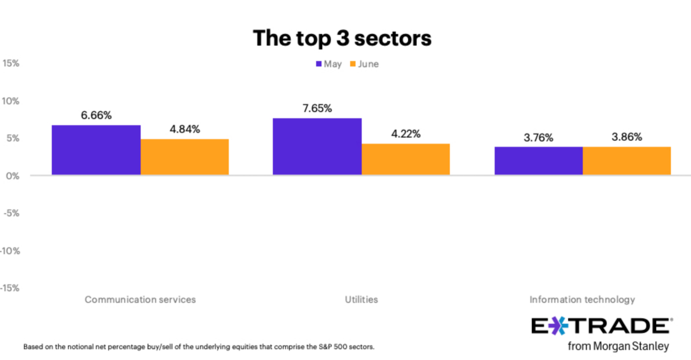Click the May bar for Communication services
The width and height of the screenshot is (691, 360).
(96, 150)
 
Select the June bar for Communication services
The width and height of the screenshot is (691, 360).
(184, 157)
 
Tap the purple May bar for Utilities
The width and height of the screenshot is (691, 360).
(317, 146)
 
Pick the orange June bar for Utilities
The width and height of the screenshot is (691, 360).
(406, 159)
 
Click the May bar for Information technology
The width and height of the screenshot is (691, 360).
(538, 161)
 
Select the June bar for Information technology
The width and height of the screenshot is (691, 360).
(627, 161)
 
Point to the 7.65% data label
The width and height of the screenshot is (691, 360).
(317, 108)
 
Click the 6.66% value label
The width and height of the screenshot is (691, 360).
(96, 116)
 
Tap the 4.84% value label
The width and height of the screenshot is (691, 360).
(185, 130)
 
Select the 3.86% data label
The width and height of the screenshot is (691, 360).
(627, 137)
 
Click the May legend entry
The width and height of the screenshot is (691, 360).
(329, 64)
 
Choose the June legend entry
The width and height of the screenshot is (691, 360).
(364, 64)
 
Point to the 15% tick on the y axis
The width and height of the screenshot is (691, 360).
(11, 63)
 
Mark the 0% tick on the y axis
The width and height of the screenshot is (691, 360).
(13, 176)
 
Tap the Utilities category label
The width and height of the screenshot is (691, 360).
(361, 300)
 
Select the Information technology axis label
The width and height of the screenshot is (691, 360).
(582, 300)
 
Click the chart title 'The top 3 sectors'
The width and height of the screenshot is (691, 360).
(342, 38)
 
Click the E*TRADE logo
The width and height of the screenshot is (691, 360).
(602, 326)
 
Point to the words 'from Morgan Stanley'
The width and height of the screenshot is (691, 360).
(618, 346)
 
